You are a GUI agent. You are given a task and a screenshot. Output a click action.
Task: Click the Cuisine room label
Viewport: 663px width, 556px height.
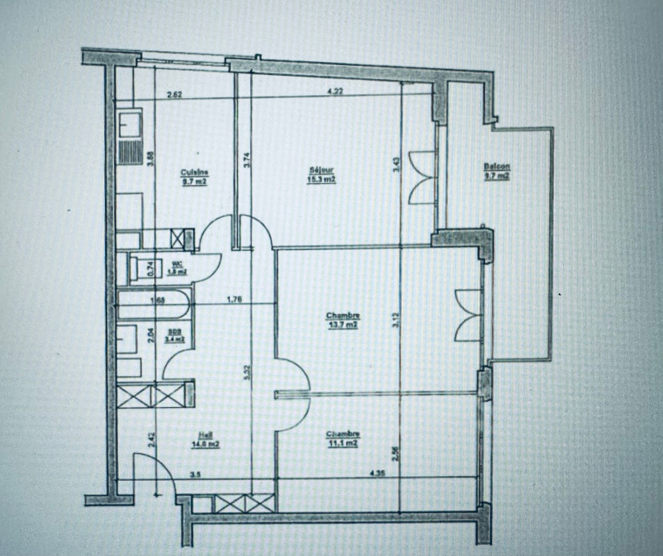pyautogui.click(x=195, y=173)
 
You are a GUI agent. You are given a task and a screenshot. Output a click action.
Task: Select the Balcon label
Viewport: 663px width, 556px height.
pyautogui.click(x=497, y=167)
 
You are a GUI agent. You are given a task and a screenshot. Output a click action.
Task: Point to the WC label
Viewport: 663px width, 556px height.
pyautogui.click(x=177, y=263)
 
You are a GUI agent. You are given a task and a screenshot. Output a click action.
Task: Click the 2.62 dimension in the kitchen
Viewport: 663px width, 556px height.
pyautogui.click(x=174, y=95)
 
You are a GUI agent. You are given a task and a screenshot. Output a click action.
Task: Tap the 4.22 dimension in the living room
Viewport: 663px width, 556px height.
pyautogui.click(x=334, y=90)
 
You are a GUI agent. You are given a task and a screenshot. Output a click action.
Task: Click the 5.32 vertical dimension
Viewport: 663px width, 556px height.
pyautogui.click(x=247, y=372)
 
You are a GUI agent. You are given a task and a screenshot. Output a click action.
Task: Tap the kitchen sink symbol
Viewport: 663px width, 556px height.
pyautogui.click(x=129, y=126)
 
